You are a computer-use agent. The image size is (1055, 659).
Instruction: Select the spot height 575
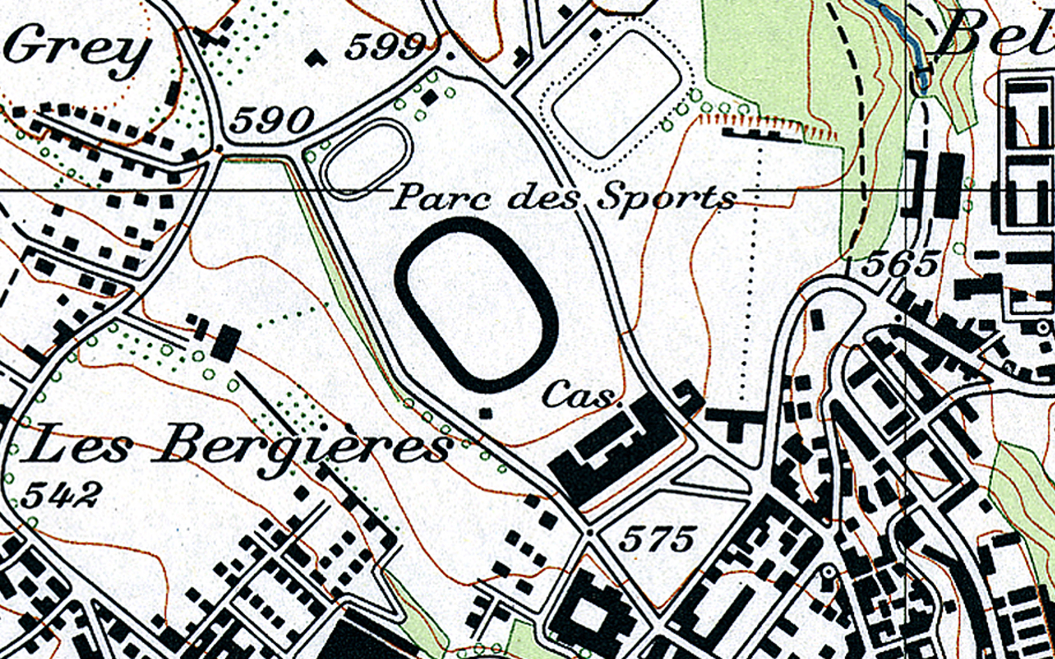657,539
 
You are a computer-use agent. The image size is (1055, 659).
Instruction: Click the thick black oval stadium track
476,305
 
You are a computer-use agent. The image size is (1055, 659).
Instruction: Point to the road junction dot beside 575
590,532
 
